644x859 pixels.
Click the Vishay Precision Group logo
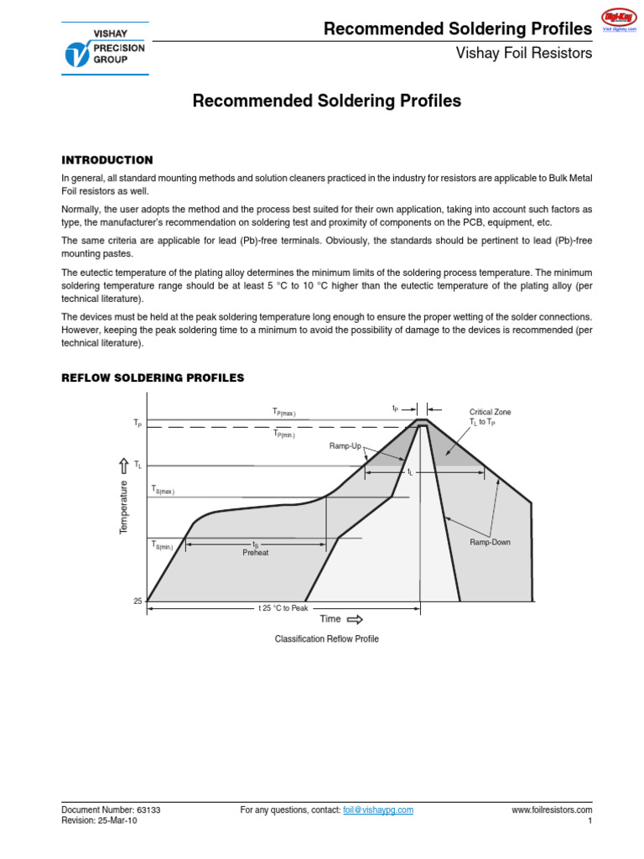(x=105, y=49)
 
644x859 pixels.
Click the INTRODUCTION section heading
(x=107, y=160)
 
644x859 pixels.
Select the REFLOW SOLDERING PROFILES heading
(x=153, y=378)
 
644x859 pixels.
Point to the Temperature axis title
(x=124, y=508)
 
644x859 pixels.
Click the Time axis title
(x=330, y=619)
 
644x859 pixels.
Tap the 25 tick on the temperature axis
(x=138, y=601)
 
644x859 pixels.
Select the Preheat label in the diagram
(x=256, y=553)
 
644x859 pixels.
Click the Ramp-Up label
(x=345, y=447)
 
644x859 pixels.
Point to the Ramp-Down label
(x=490, y=543)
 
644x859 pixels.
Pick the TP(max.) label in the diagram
(x=283, y=412)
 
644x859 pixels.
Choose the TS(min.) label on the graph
(x=162, y=545)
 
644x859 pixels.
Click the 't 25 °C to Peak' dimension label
(x=283, y=607)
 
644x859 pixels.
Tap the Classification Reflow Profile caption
(x=327, y=639)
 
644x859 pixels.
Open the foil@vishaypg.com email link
(x=378, y=810)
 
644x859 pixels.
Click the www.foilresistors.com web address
(x=552, y=810)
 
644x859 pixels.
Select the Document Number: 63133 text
(x=111, y=810)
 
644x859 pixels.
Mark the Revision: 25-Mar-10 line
(x=99, y=821)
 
